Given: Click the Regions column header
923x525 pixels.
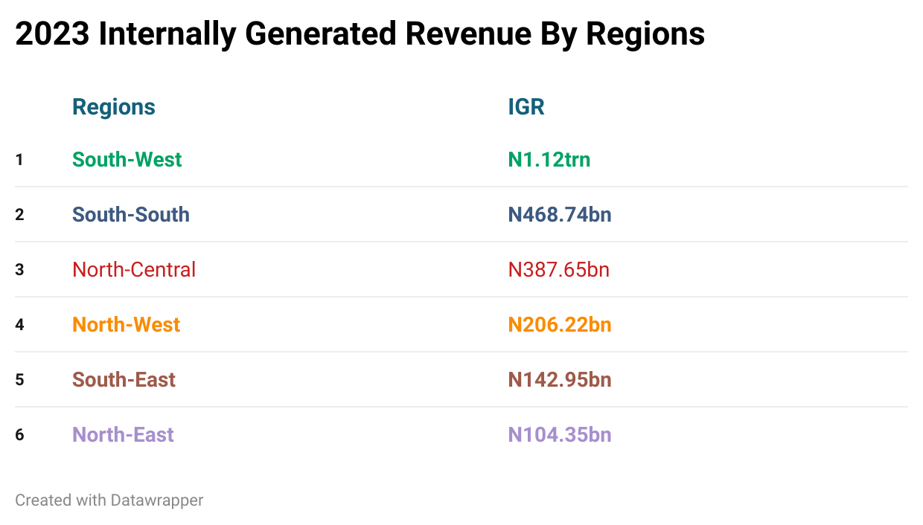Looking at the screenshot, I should point(114,107).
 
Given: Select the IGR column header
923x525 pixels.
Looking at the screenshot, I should point(526,107).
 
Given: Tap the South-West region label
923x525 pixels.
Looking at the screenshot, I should point(127,160).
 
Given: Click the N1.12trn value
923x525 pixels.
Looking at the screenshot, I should point(549,160).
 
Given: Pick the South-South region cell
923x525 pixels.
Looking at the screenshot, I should point(131,215).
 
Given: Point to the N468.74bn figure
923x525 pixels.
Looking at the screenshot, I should point(560,215).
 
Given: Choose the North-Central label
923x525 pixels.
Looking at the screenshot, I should point(134,270).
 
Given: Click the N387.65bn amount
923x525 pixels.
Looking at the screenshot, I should point(559,270).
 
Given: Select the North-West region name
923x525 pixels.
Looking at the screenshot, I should point(126,325).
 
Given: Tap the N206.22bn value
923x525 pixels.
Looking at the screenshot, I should point(560,325).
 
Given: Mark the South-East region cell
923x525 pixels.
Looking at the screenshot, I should point(124,380).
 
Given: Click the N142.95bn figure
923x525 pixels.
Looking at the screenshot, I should point(560,380).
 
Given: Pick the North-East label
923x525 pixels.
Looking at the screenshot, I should point(123,435).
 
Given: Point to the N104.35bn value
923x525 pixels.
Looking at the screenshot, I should point(560,435).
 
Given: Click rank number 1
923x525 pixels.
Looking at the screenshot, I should point(19,160).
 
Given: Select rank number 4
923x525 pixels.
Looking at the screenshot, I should point(19,325).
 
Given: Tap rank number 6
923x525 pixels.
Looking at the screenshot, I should point(19,435).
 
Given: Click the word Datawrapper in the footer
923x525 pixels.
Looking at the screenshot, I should point(156,500).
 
